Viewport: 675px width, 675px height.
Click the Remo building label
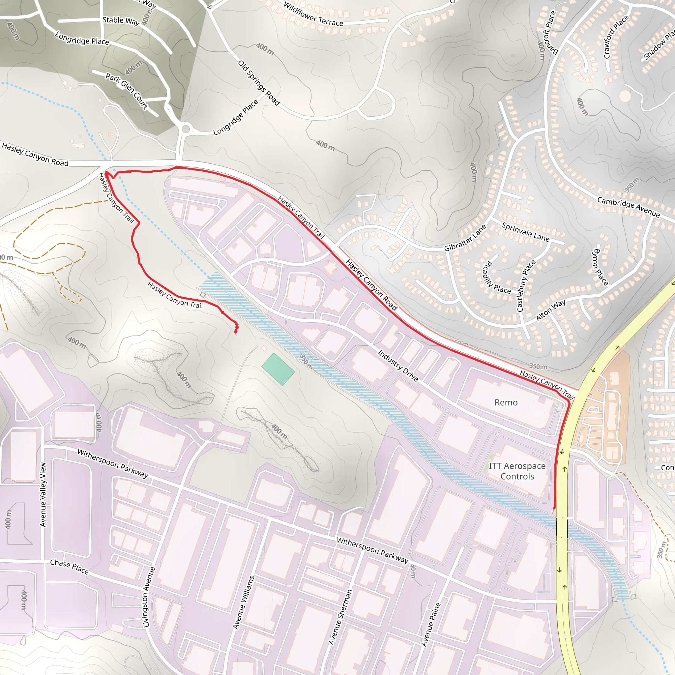pos(506,402)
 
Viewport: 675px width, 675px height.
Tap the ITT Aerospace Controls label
pos(517,471)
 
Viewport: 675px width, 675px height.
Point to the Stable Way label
pos(121,21)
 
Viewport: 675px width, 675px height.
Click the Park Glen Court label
pos(127,91)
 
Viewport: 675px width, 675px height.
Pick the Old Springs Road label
pos(259,83)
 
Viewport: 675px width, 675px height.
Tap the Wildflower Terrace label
pos(313,14)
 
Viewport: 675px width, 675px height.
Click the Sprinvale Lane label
pos(525,232)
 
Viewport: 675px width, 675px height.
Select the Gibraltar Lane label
pos(465,238)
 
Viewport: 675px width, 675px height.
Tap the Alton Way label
pos(551,309)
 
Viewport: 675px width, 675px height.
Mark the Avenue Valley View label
pos(43,494)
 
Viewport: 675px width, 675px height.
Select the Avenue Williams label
pos(244,603)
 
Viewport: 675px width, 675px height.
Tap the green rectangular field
pos(278,369)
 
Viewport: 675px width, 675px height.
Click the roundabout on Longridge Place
pos(186,129)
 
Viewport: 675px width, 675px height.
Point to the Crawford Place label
pos(616,37)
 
